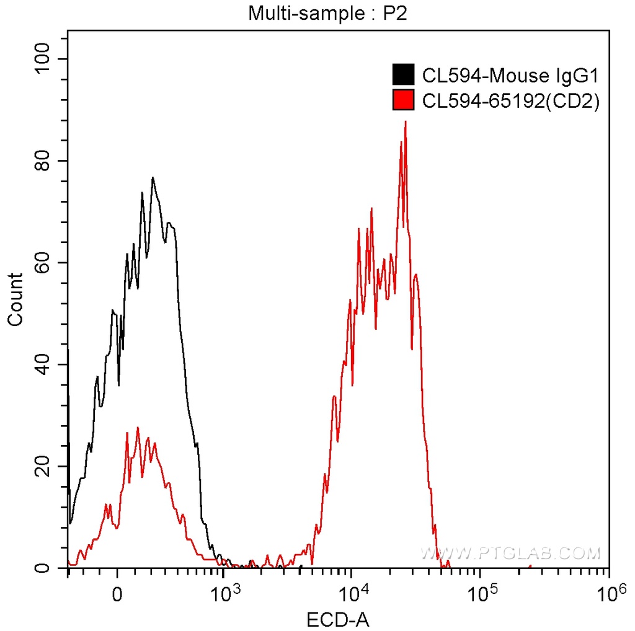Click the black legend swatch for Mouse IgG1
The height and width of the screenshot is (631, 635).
(403, 75)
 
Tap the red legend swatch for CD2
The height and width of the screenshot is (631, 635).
(403, 100)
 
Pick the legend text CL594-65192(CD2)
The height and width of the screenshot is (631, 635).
(510, 100)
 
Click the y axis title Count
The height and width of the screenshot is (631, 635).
(15, 299)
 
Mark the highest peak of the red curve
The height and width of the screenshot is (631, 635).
(405, 121)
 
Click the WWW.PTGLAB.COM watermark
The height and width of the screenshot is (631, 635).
(510, 552)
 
